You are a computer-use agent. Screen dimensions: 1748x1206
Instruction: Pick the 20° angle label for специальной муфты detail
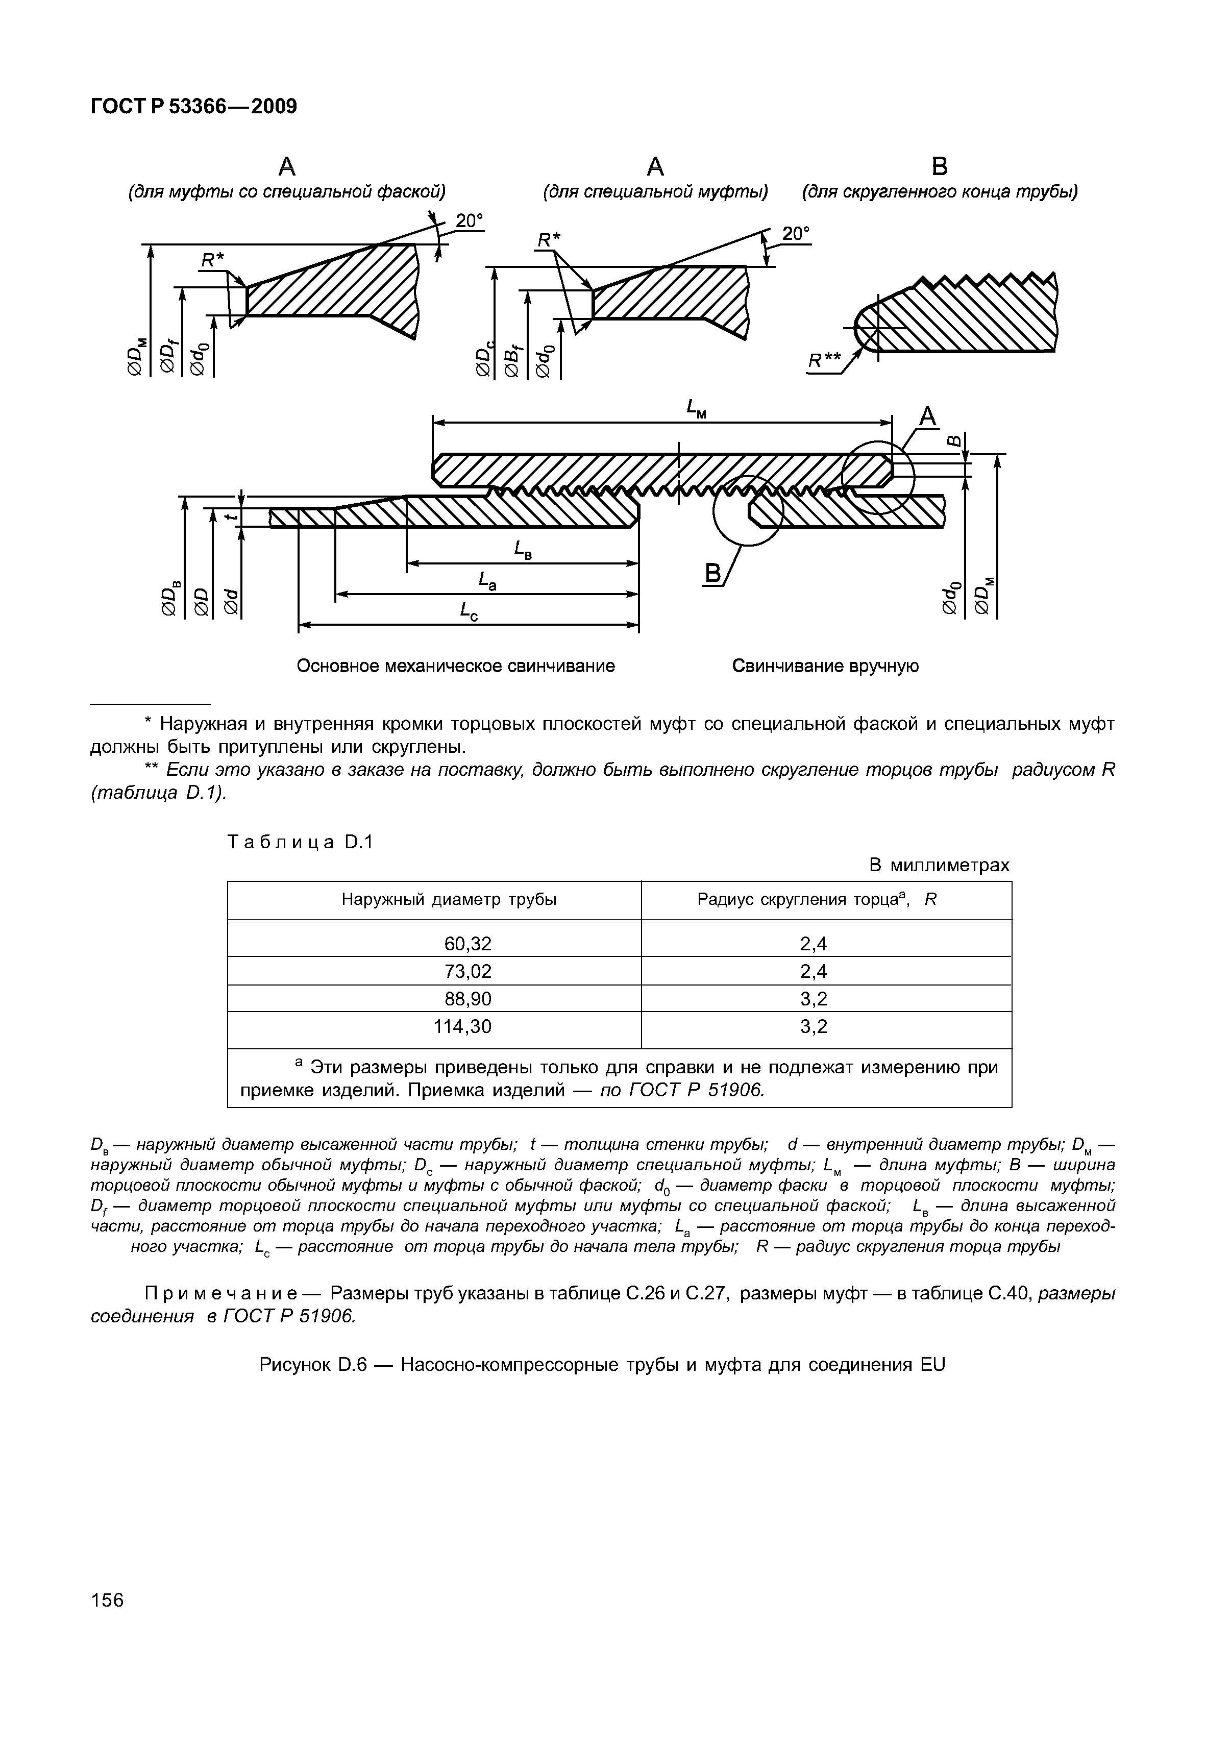pyautogui.click(x=795, y=234)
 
